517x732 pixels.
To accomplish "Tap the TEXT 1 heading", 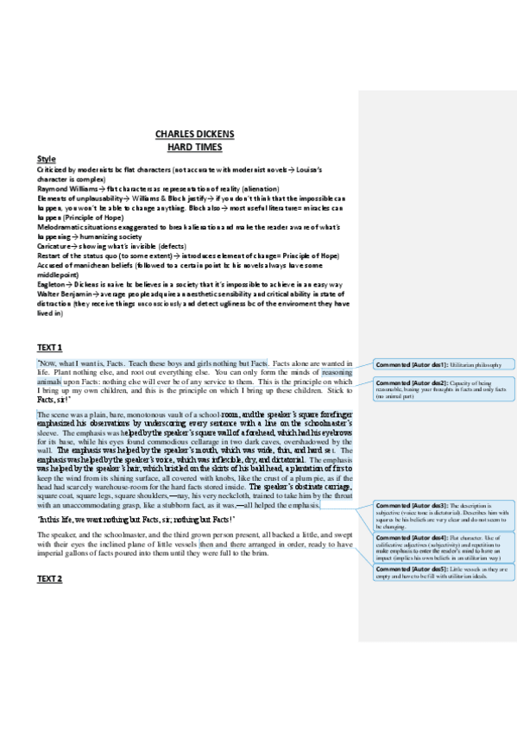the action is tap(50, 346).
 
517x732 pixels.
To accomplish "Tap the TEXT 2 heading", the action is tap(50, 578).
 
